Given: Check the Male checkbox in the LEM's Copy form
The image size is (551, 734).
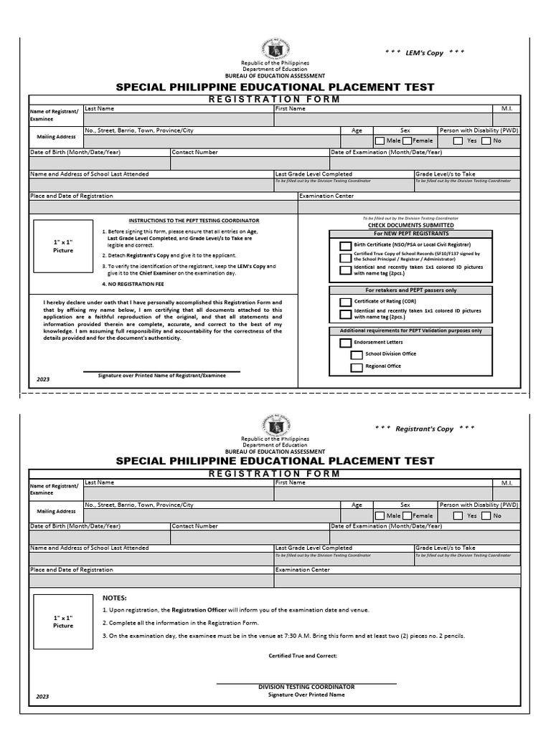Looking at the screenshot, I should (379, 141).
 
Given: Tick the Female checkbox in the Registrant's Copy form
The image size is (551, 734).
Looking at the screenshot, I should (407, 515).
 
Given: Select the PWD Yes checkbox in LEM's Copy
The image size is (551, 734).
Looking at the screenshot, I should (458, 141).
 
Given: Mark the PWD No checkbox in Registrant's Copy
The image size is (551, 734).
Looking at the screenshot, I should (486, 515).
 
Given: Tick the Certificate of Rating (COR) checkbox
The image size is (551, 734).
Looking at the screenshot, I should (345, 302).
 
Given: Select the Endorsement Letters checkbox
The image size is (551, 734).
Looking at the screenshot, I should (345, 343).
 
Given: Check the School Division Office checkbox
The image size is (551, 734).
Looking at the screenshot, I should (357, 354).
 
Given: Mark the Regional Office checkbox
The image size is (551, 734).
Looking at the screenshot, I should (357, 367).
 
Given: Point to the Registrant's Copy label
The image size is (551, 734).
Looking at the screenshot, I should (425, 429).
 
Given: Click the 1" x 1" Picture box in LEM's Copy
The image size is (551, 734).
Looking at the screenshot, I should (63, 247).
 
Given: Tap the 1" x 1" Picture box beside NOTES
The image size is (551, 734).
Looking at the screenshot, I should (63, 621).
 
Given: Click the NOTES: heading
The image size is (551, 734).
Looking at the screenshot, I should (115, 598).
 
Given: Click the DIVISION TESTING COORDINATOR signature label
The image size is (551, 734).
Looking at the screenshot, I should (306, 687).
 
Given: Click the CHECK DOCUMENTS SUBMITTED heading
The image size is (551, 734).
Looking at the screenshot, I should (410, 225).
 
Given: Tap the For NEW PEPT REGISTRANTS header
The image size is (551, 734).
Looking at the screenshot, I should (410, 234).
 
